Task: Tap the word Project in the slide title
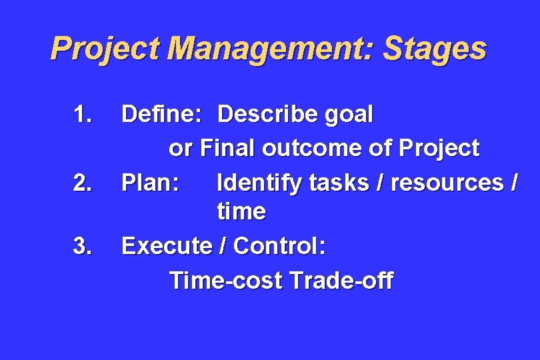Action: (106, 49)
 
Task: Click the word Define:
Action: (161, 115)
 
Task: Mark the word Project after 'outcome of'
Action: (437, 148)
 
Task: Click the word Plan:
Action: (150, 181)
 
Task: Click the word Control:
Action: (279, 247)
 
